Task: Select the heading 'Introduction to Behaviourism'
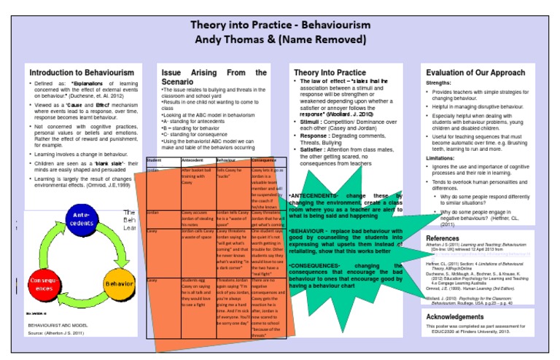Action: (81, 73)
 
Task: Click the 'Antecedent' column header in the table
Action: (192, 160)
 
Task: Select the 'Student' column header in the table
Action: (154, 160)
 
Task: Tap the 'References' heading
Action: (442, 238)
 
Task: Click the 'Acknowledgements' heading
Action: (455, 317)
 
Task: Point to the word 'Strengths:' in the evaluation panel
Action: (439, 83)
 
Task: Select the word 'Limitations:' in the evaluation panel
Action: (440, 157)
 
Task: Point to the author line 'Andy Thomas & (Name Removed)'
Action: (280, 41)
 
